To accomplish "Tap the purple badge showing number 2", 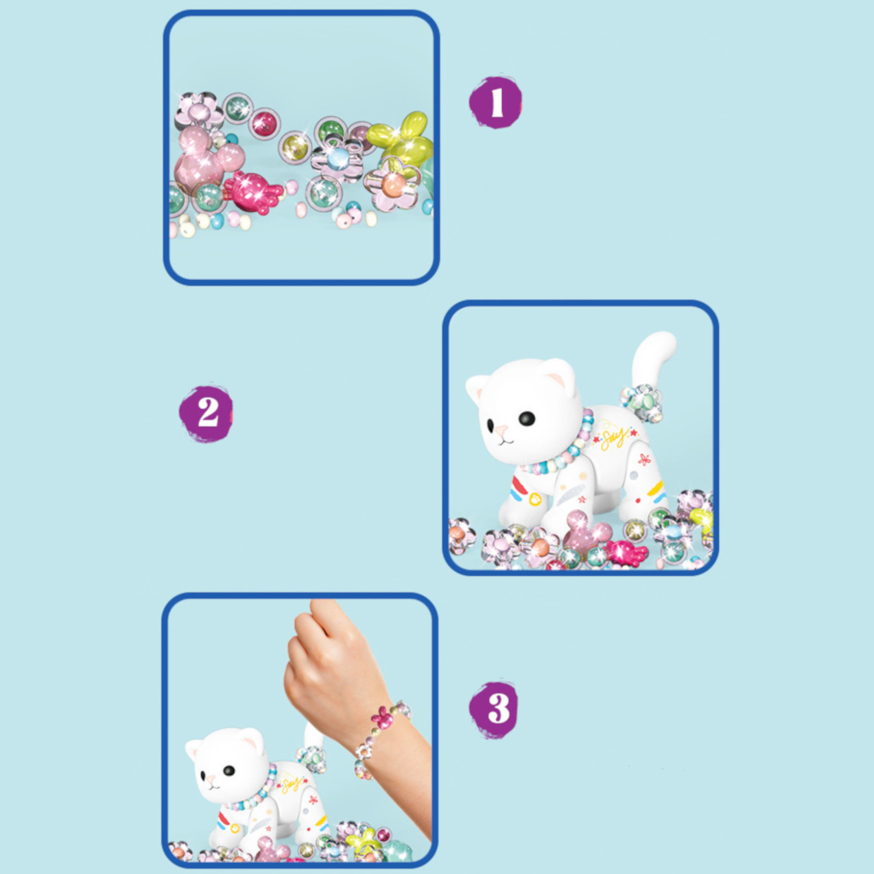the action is tap(206, 413).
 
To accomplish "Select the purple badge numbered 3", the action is tap(495, 710).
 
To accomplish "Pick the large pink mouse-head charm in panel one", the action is tap(206, 157).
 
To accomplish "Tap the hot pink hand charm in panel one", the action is tap(251, 192).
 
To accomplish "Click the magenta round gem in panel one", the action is tap(264, 123).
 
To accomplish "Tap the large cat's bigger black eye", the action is tap(528, 418).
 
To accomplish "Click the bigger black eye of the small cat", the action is tap(229, 770).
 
